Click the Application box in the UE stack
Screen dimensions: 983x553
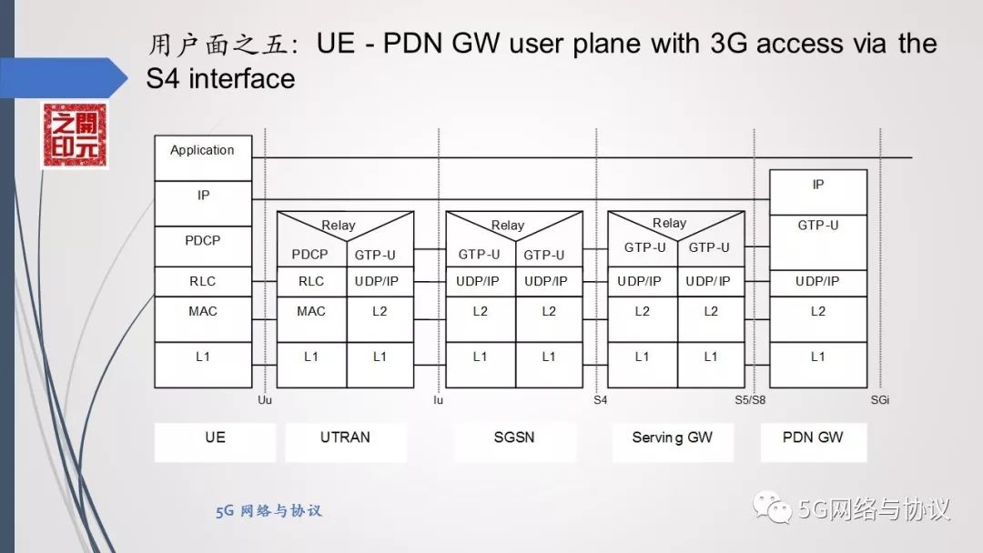202,151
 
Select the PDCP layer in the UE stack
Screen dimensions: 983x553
202,241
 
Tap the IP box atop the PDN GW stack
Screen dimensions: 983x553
817,185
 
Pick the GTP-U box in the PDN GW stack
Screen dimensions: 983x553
817,226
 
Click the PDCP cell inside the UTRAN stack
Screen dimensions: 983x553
311,254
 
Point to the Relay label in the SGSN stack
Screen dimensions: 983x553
508,225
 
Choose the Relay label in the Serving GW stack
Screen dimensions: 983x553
669,223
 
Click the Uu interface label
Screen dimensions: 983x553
265,398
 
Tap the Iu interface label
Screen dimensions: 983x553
438,398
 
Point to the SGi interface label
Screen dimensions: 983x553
879,398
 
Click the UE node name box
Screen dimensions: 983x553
215,437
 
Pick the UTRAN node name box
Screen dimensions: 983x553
345,437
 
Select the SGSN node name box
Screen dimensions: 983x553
515,437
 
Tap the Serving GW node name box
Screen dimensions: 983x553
672,437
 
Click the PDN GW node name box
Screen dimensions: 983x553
813,437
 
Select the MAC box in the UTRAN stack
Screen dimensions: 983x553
311,312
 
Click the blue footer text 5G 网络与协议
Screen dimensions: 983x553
269,511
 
